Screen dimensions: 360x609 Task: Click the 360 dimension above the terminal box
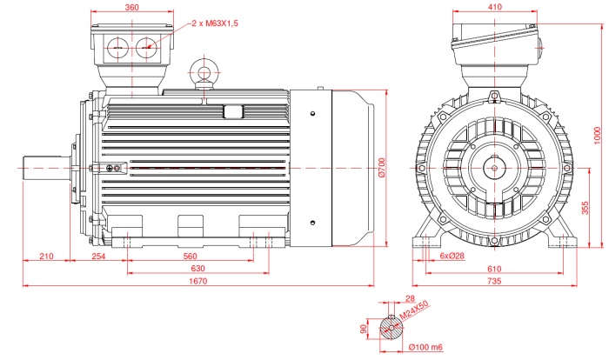pyautogui.click(x=132, y=7)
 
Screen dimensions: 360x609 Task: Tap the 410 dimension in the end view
pyautogui.click(x=494, y=7)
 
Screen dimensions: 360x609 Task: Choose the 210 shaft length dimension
pyautogui.click(x=47, y=257)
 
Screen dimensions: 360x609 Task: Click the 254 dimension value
pyautogui.click(x=99, y=257)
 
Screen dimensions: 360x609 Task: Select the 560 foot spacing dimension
pyautogui.click(x=190, y=257)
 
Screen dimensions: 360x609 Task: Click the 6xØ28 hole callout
pyautogui.click(x=452, y=257)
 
